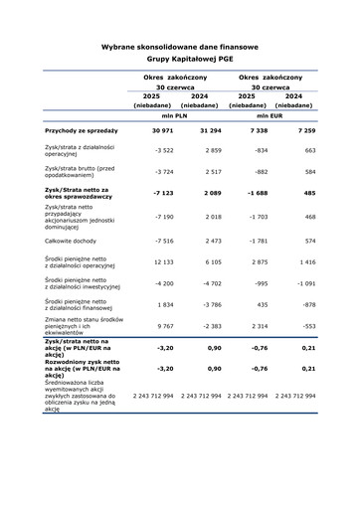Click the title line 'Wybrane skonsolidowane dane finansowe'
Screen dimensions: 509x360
180,47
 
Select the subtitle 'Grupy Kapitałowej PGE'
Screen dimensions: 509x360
180,60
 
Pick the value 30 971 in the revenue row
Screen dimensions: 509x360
163,130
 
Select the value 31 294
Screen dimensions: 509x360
210,130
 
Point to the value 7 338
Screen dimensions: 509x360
257,130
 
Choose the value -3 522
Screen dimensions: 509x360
164,150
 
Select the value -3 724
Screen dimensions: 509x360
164,171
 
